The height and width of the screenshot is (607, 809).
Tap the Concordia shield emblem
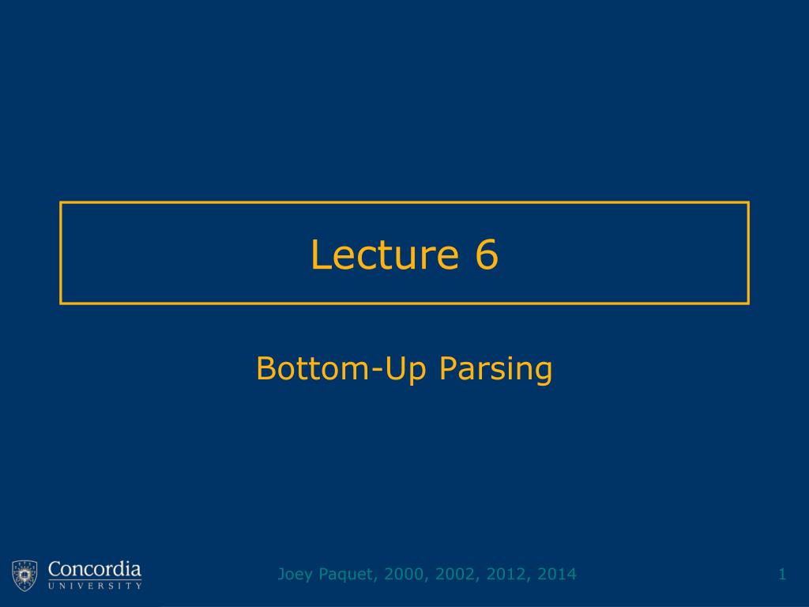tap(24, 575)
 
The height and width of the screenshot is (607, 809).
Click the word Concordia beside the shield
tap(95, 569)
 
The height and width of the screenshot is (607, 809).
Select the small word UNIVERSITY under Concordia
tap(95, 586)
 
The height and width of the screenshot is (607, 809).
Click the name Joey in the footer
tap(293, 575)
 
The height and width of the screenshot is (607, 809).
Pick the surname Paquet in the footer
tap(344, 575)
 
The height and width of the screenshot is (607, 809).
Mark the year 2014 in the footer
tap(556, 574)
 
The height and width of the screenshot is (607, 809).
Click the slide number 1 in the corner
tap(782, 574)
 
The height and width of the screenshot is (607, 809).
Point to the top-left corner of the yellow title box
tap(61, 203)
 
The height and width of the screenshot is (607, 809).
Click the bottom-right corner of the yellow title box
tap(748, 303)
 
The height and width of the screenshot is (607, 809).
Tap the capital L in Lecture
tap(319, 254)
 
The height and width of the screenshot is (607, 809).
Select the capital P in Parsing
tap(448, 368)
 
